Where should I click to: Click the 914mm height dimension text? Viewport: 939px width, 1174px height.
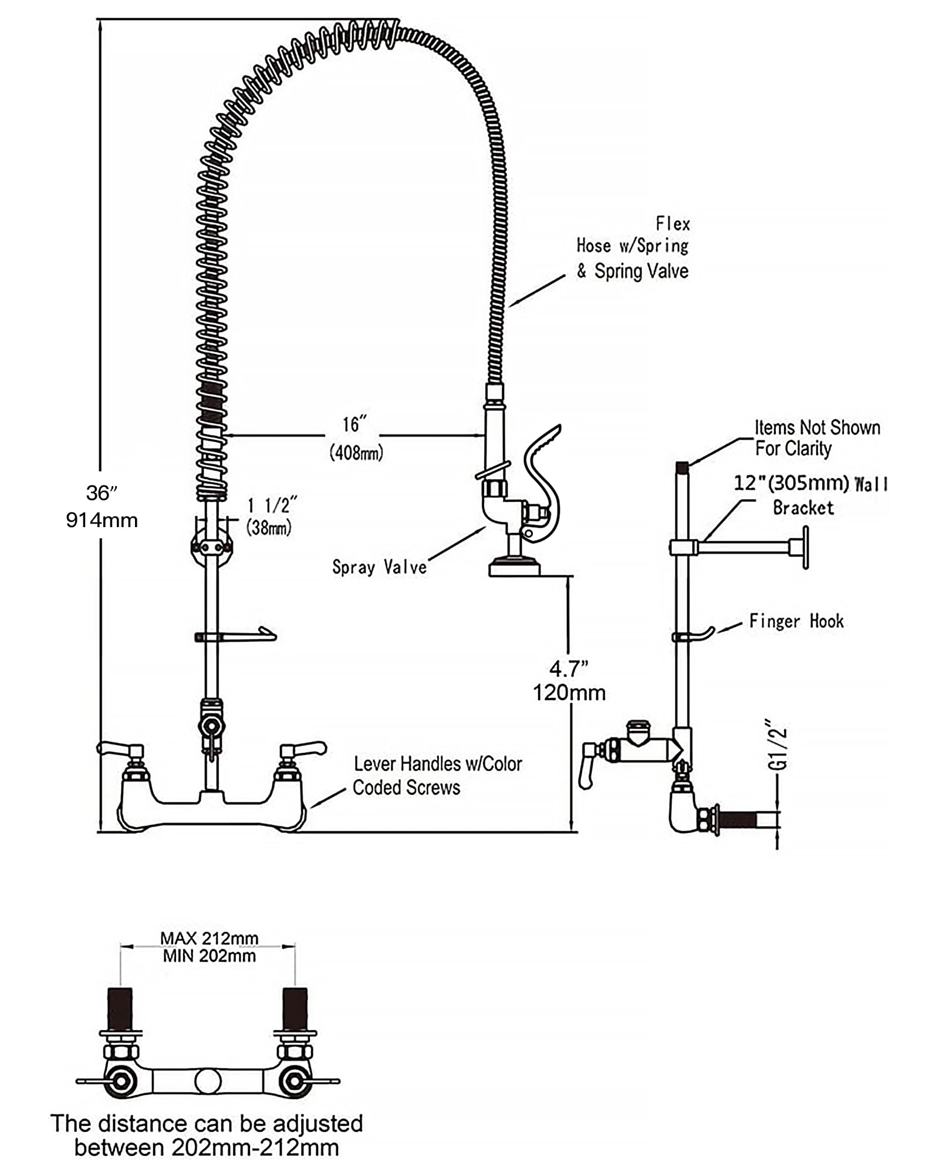point(102,520)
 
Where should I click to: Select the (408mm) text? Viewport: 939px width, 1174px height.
point(356,453)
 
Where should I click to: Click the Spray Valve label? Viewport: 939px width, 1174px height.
point(379,567)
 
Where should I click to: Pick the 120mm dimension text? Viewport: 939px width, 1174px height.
point(569,693)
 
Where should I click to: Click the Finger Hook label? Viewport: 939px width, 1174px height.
point(796,621)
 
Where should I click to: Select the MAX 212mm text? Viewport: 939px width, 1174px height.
point(210,938)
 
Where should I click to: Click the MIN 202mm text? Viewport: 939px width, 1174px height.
point(210,956)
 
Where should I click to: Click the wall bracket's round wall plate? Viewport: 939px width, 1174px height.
point(806,547)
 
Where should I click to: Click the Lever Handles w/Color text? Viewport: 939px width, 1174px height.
point(438,764)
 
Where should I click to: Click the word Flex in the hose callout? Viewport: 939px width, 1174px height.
point(673,224)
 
